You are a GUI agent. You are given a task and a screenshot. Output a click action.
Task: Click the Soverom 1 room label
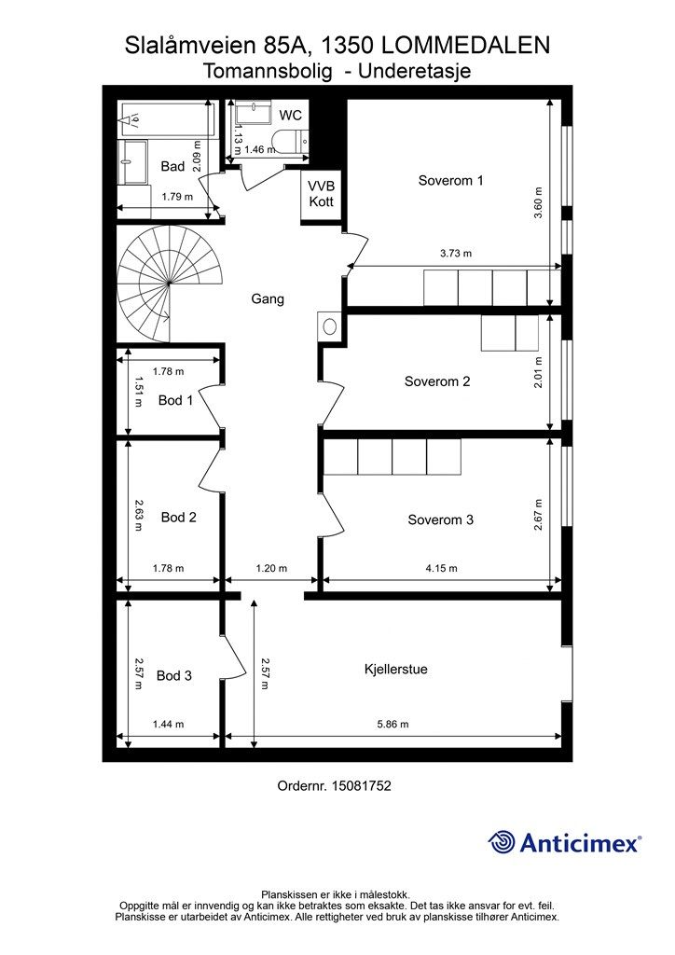tap(450, 180)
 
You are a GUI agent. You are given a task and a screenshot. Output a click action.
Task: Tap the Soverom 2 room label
tap(437, 381)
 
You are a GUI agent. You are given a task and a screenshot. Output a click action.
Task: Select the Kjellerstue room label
tap(395, 669)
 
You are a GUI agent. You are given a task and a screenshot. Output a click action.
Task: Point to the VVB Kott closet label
tap(321, 194)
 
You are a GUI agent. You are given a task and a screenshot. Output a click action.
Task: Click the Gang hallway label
tap(268, 299)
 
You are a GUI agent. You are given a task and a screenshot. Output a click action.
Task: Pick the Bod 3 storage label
tap(174, 675)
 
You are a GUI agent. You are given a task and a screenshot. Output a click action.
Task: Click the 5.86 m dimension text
tap(393, 724)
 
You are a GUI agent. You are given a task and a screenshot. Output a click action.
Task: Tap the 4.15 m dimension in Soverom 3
tap(441, 568)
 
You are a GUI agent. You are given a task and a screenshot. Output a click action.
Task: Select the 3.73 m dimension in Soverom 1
tap(456, 254)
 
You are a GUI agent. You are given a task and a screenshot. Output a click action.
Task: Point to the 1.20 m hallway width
tap(271, 568)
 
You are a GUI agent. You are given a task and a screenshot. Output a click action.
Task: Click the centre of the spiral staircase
tap(168, 284)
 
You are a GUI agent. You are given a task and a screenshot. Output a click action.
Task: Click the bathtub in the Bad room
tap(167, 118)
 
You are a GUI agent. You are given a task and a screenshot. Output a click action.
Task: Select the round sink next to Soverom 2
tap(329, 326)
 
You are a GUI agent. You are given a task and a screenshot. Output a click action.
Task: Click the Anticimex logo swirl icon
tap(502, 842)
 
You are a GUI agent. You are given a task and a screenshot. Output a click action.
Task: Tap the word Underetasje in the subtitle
tap(415, 71)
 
